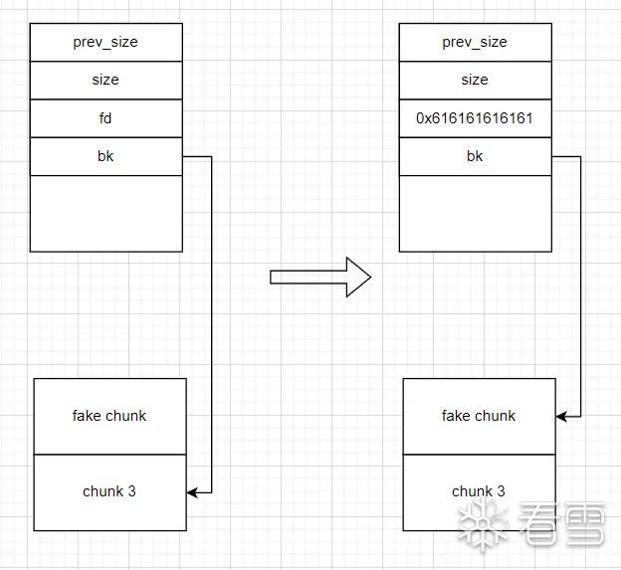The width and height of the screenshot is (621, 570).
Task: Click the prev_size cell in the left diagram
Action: [x=105, y=42]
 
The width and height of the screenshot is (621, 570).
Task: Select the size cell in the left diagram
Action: [x=105, y=80]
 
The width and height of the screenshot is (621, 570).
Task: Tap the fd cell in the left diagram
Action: [x=105, y=117]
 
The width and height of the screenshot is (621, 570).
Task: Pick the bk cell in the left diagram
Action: [x=105, y=156]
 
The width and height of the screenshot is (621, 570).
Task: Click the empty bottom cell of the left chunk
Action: [x=105, y=213]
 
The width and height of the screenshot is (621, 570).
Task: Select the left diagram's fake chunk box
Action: [x=109, y=416]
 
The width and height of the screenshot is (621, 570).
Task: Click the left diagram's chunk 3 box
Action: [x=109, y=491]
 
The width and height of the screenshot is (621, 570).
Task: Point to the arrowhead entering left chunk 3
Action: [x=192, y=491]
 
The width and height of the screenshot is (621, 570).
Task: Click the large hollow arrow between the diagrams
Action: [x=319, y=277]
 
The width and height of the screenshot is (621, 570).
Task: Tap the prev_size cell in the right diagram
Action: [x=475, y=42]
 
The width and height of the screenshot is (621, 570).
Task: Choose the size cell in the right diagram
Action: [x=475, y=80]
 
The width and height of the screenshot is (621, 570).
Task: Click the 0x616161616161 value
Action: [x=475, y=118]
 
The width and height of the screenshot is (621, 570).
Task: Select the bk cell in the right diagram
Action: [x=475, y=156]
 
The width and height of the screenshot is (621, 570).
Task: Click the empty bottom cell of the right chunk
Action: [x=475, y=213]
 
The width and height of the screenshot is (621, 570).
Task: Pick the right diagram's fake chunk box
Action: [x=479, y=416]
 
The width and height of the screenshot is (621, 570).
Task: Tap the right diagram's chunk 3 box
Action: [x=479, y=491]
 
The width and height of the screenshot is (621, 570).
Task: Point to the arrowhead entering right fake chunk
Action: [x=561, y=416]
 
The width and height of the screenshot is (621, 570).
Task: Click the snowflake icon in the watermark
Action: [x=480, y=524]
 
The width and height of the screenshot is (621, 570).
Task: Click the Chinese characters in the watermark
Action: [x=562, y=524]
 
